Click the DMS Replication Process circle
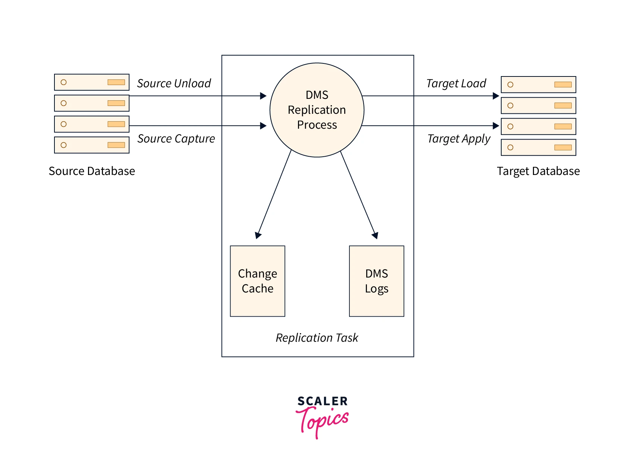(317, 110)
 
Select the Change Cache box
(258, 281)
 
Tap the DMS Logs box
(377, 281)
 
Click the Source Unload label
(174, 83)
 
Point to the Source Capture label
(176, 138)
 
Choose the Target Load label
(456, 83)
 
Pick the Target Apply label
(459, 138)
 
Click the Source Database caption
(92, 171)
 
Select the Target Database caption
(538, 171)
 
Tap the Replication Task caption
(317, 338)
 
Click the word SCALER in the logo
(323, 401)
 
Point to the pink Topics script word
(323, 422)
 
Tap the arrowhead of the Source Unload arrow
(264, 96)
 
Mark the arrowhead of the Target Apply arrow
(496, 126)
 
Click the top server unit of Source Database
(92, 82)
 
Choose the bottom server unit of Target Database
(539, 147)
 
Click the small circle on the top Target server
(511, 85)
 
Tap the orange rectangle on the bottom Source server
(116, 145)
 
